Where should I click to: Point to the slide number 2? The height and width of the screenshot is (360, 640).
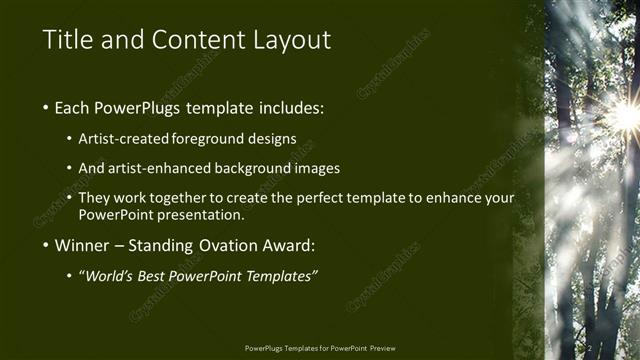click(x=591, y=347)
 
